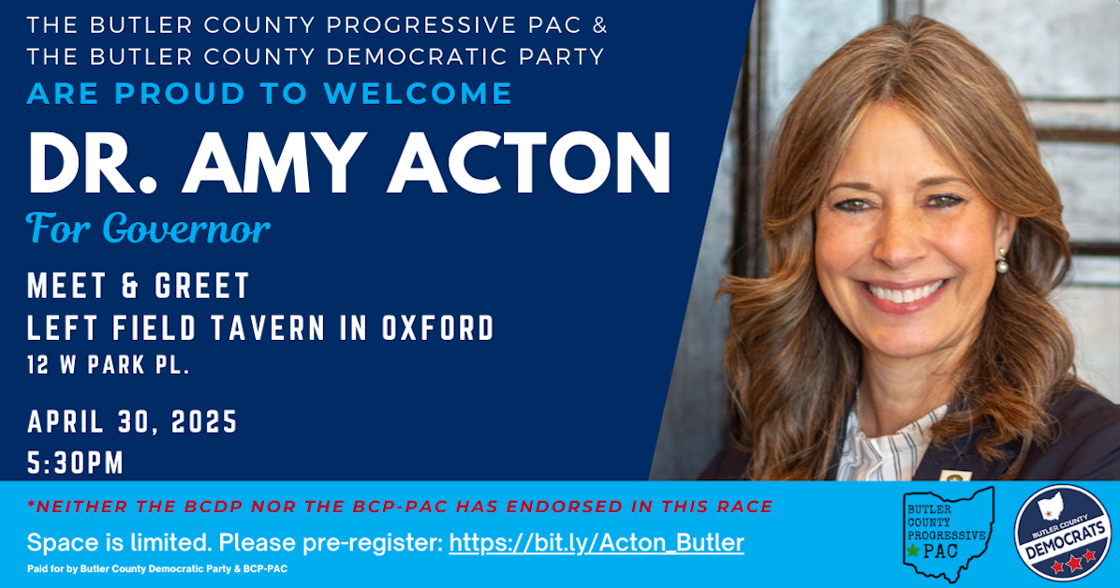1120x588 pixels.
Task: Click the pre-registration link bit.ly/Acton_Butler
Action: pyautogui.click(x=597, y=543)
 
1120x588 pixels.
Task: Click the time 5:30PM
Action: pyautogui.click(x=76, y=463)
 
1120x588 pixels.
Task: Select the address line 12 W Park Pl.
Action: pyautogui.click(x=109, y=366)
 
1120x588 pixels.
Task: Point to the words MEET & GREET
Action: pyautogui.click(x=139, y=285)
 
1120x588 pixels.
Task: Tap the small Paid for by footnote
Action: pyautogui.click(x=156, y=568)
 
